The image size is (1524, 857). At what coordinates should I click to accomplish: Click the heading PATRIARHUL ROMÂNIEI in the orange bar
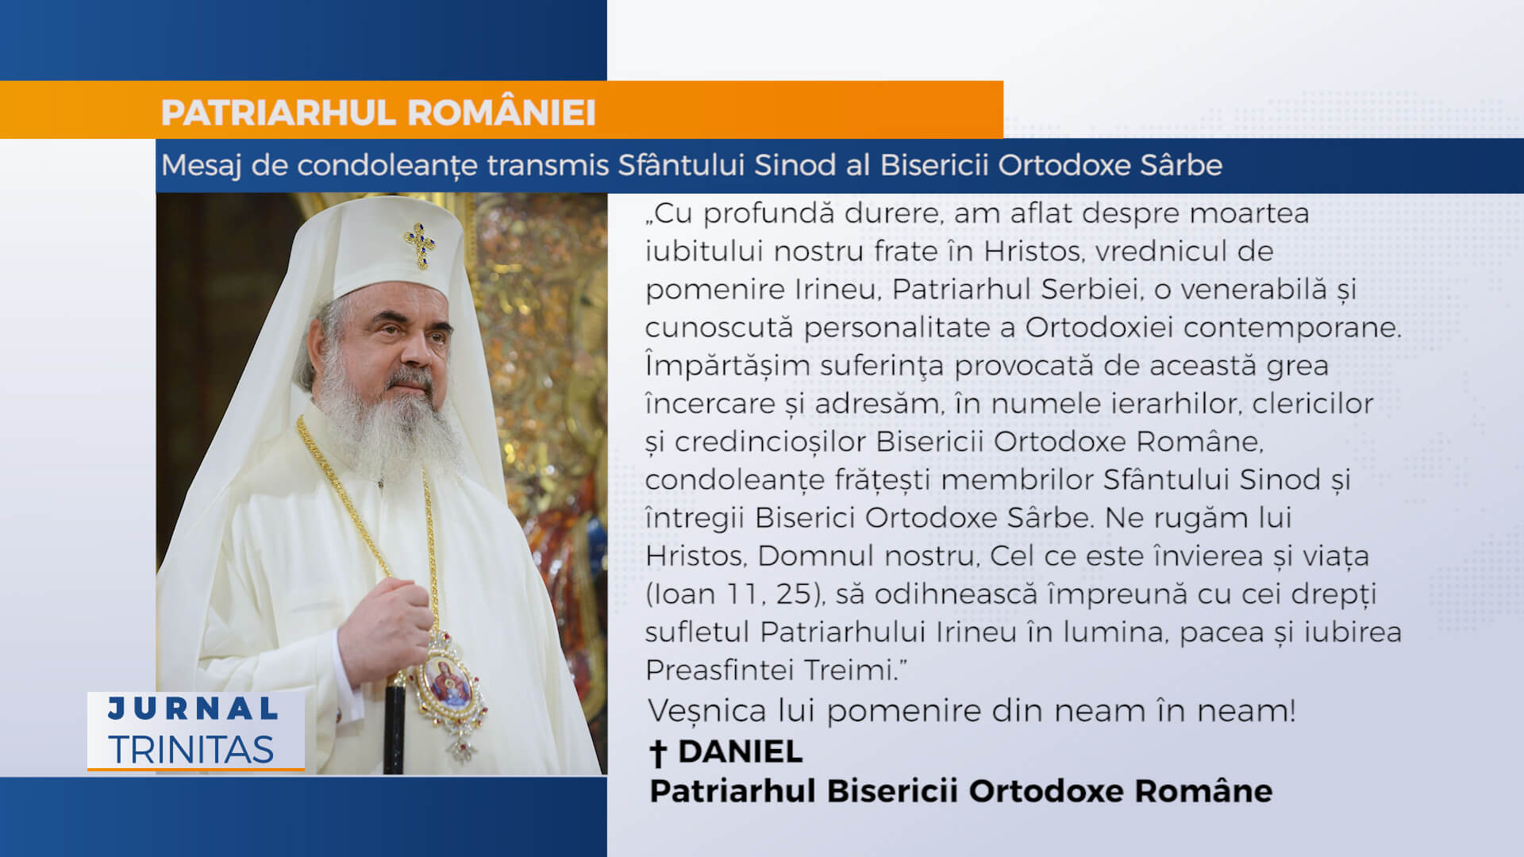(378, 113)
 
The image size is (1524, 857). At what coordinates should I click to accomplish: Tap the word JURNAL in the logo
(193, 709)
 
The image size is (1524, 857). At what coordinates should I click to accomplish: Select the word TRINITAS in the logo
(191, 750)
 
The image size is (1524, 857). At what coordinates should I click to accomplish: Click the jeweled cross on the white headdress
(420, 244)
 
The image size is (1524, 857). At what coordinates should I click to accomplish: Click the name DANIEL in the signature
(740, 751)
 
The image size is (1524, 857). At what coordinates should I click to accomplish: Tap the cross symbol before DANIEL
(657, 753)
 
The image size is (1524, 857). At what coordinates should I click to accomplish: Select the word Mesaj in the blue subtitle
(202, 166)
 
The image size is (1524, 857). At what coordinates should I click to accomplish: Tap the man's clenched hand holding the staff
(387, 627)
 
